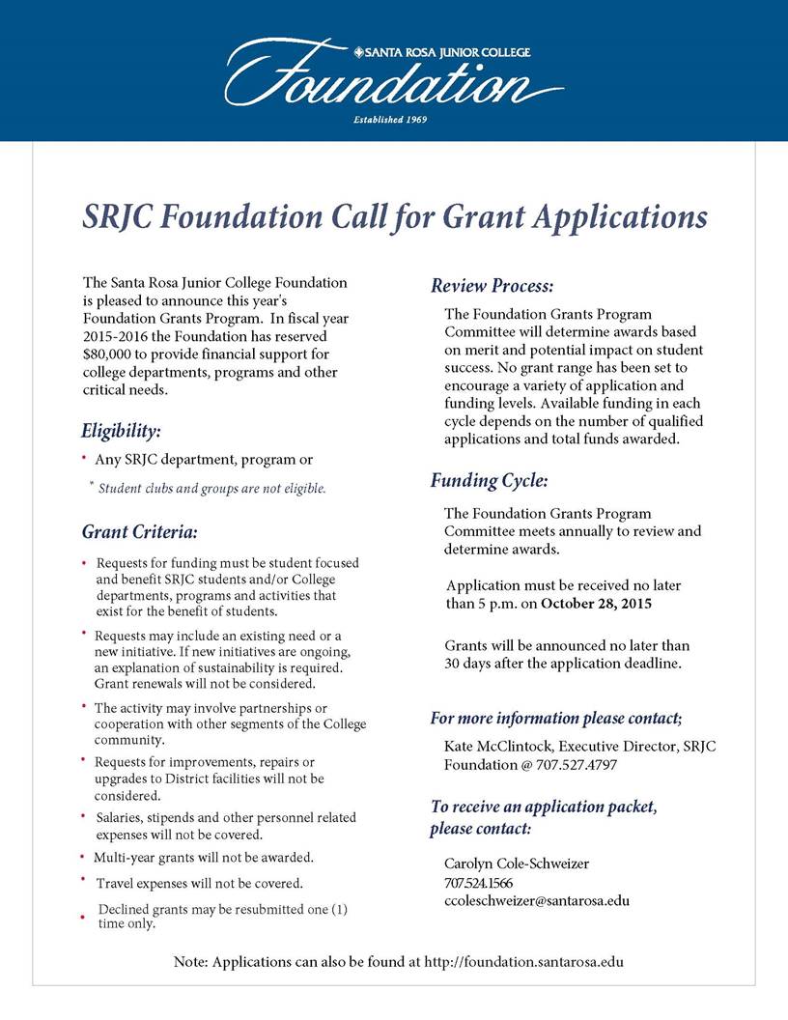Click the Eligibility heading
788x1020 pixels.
pyautogui.click(x=121, y=430)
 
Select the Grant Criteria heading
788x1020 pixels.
pyautogui.click(x=139, y=531)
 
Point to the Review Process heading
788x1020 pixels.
pyautogui.click(x=492, y=286)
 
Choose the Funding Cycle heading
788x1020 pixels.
pyautogui.click(x=489, y=480)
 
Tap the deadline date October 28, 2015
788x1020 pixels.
pyautogui.click(x=596, y=605)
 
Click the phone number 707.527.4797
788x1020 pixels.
pyautogui.click(x=577, y=765)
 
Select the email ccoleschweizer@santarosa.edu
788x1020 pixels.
pyautogui.click(x=536, y=900)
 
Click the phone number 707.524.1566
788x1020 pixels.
pyautogui.click(x=478, y=883)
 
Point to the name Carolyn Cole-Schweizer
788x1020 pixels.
pyautogui.click(x=517, y=864)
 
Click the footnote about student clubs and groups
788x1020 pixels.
pyautogui.click(x=212, y=489)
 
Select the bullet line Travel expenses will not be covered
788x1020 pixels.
pyautogui.click(x=200, y=883)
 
